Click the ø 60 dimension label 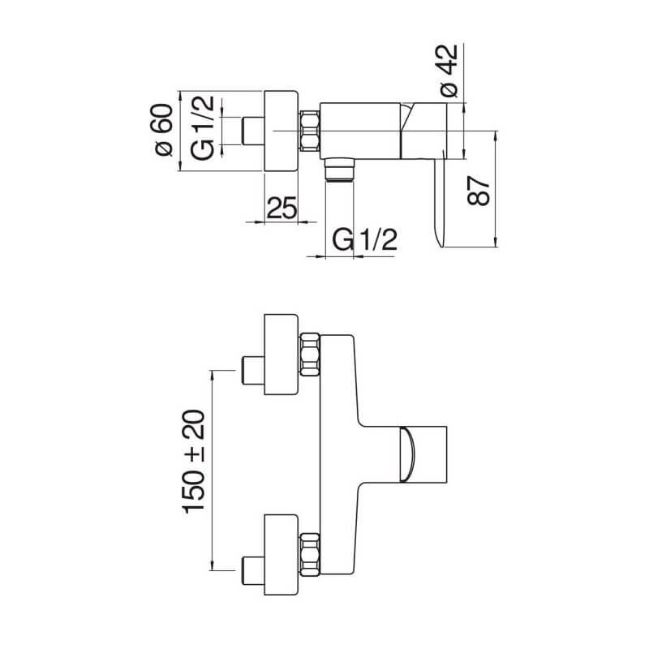(164, 130)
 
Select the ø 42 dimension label (449, 71)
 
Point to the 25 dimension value (282, 208)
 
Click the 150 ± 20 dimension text (194, 462)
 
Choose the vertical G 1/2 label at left (203, 127)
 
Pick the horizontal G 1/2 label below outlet (365, 239)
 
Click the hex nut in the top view (310, 131)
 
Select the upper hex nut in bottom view (310, 355)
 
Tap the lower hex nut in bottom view (310, 555)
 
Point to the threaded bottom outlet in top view (340, 170)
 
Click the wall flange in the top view (281, 131)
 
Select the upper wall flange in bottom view (281, 355)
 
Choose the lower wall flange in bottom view (281, 555)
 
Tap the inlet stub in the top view (253, 131)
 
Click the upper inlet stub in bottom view (253, 371)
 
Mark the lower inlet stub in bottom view (253, 570)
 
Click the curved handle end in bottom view (407, 454)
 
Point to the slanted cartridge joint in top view (408, 118)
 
